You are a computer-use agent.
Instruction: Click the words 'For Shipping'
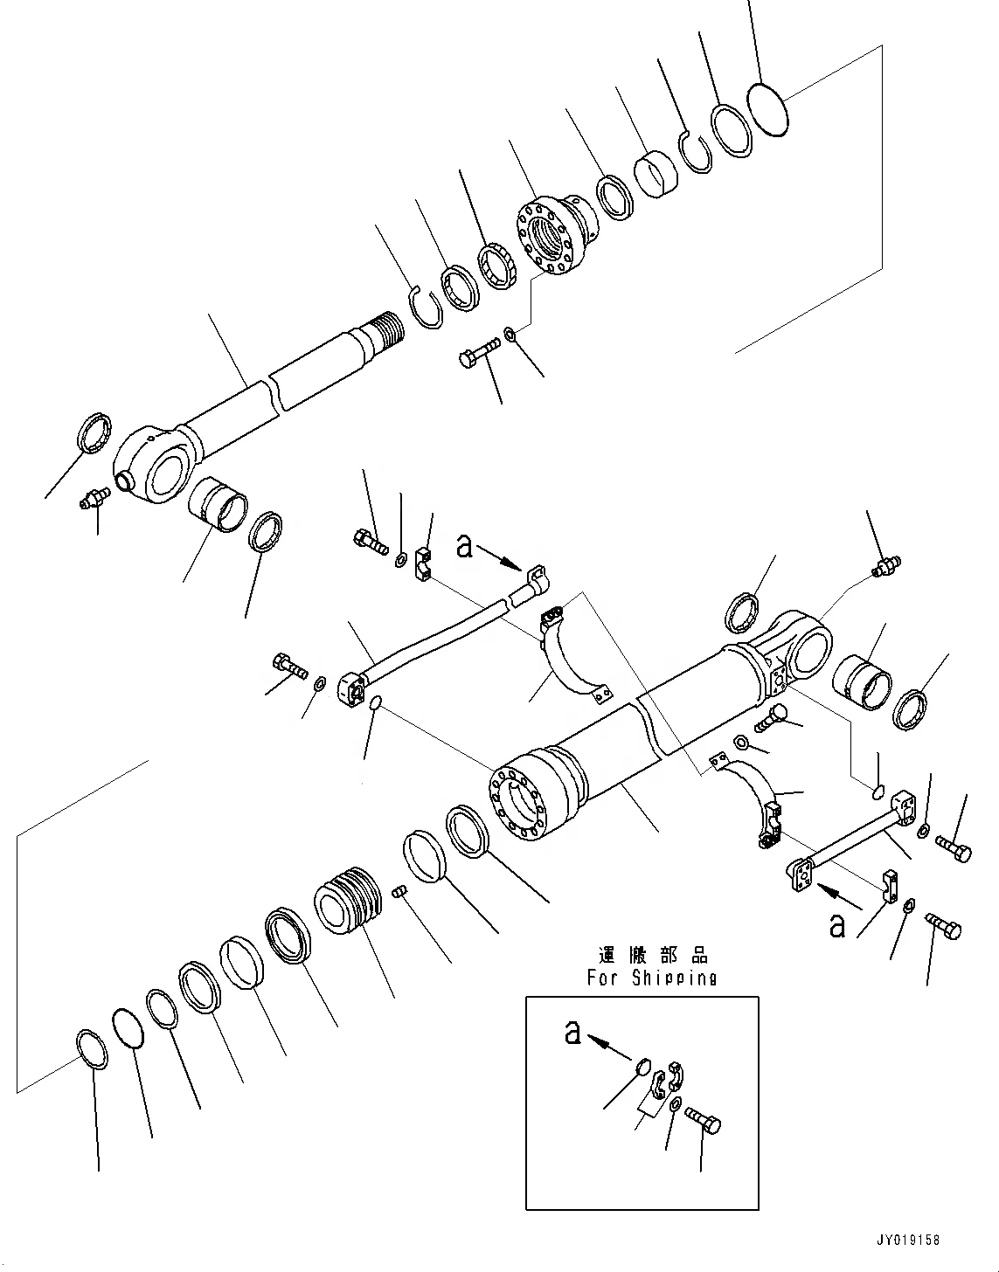651,978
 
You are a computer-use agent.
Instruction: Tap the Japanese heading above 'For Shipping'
652,955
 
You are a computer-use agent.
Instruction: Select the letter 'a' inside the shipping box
572,1033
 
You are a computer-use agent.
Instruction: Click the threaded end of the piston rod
386,333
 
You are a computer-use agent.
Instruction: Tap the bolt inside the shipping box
703,1119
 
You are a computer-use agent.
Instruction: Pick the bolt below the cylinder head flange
477,356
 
